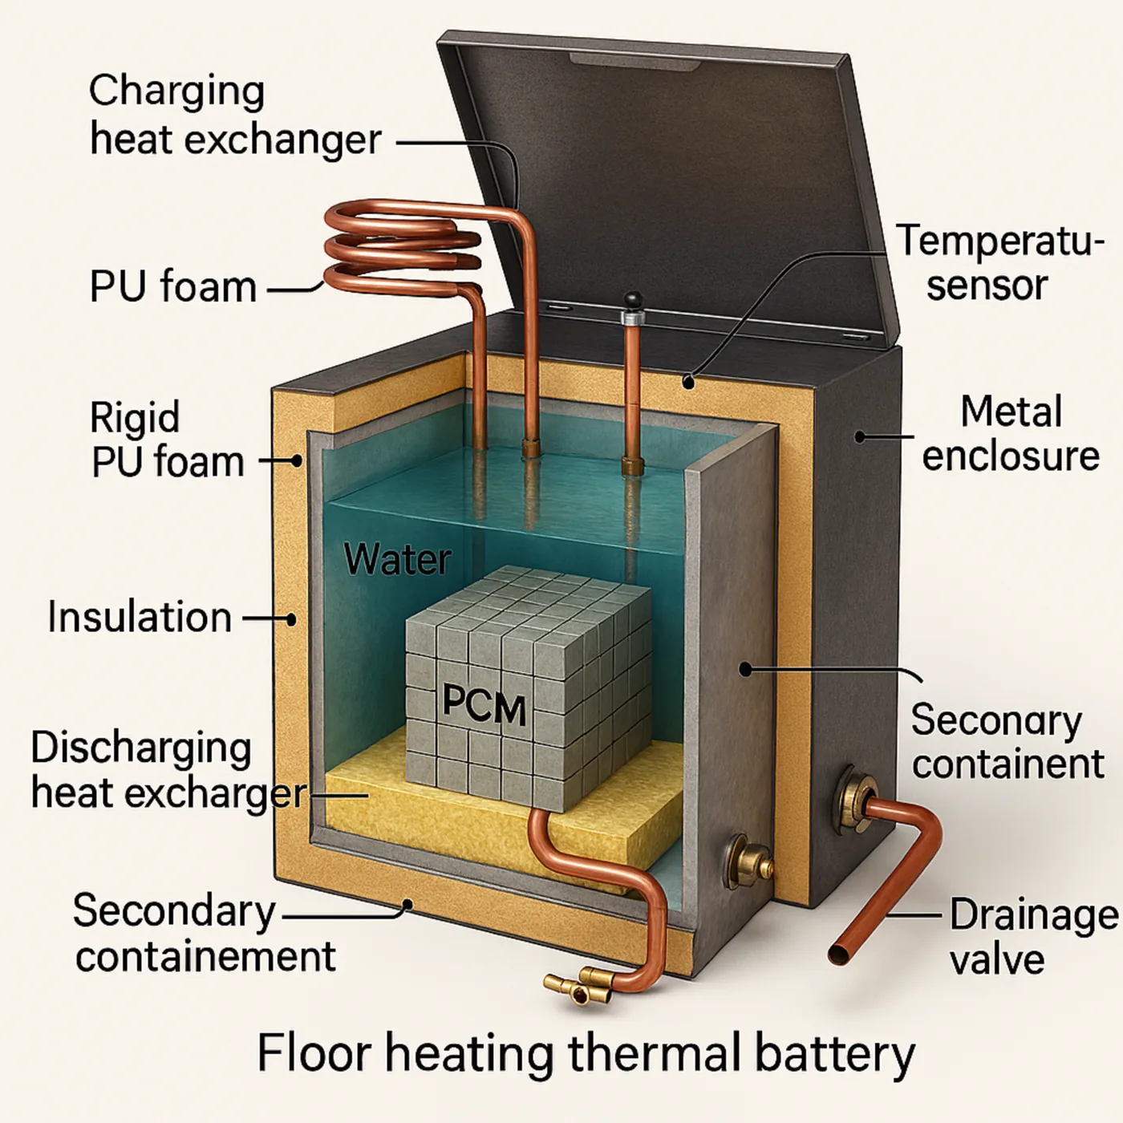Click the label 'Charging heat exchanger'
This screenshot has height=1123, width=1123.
[234, 116]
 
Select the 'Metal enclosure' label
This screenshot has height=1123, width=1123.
[1011, 433]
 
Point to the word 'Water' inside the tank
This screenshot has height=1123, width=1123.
[398, 558]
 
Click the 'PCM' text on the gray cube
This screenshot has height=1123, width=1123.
[484, 707]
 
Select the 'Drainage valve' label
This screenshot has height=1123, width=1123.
[1033, 937]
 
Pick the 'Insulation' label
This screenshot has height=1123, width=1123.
[140, 618]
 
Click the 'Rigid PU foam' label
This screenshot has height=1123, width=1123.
[167, 440]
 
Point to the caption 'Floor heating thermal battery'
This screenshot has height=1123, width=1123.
[586, 1052]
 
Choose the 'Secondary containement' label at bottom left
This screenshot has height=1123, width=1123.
[204, 934]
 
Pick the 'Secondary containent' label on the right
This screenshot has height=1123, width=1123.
[1007, 741]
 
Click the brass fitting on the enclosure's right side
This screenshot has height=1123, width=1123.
[852, 798]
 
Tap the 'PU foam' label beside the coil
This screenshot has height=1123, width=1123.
[173, 287]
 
